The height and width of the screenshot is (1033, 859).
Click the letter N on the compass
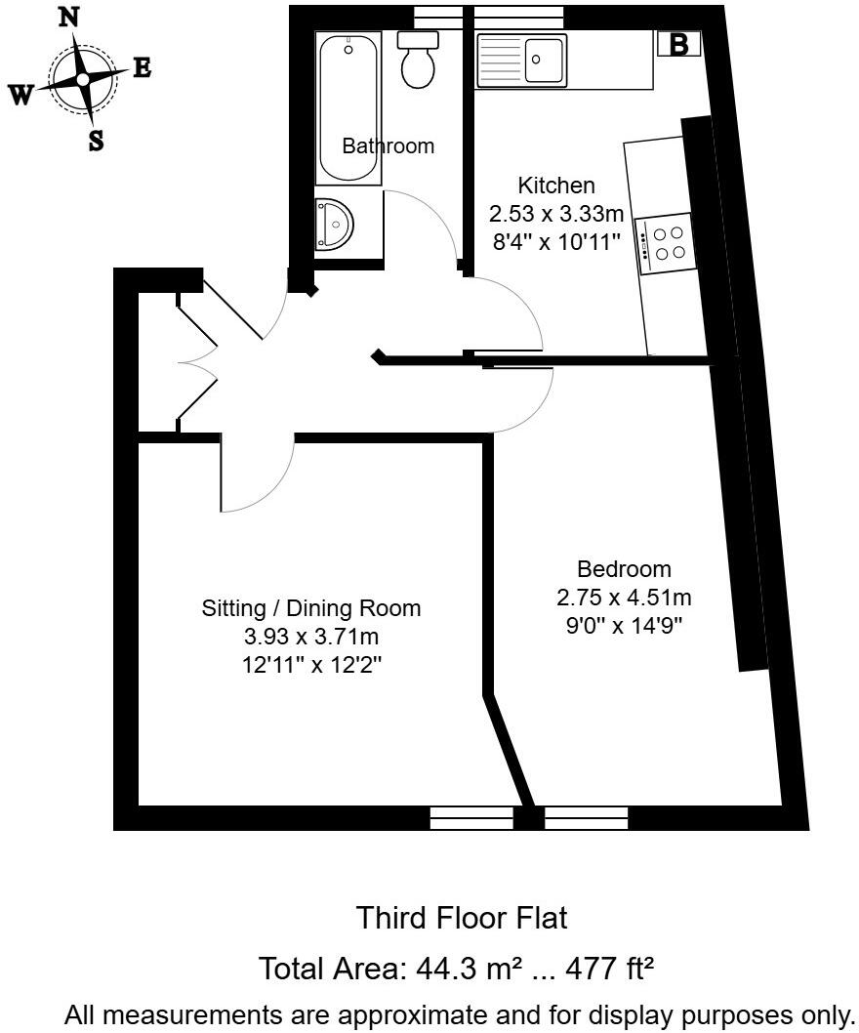click(69, 17)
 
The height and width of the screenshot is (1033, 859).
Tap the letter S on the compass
click(96, 141)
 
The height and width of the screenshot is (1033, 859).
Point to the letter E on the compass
click(142, 68)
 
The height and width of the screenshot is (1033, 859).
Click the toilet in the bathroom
click(421, 60)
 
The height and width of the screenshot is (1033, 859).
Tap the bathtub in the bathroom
click(348, 107)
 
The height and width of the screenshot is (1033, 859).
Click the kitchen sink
click(545, 61)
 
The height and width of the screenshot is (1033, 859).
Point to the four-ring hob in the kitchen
click(669, 243)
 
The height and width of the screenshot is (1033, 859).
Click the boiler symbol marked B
click(679, 44)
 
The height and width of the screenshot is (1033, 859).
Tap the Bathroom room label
click(388, 146)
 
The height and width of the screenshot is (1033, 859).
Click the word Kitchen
click(555, 186)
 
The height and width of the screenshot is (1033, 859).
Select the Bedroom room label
click(624, 568)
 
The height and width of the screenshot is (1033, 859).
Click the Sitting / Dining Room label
click(311, 608)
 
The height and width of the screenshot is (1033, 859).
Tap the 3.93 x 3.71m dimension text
click(311, 638)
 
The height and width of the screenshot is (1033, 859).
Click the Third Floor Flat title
click(461, 918)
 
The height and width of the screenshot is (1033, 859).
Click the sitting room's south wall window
click(470, 817)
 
